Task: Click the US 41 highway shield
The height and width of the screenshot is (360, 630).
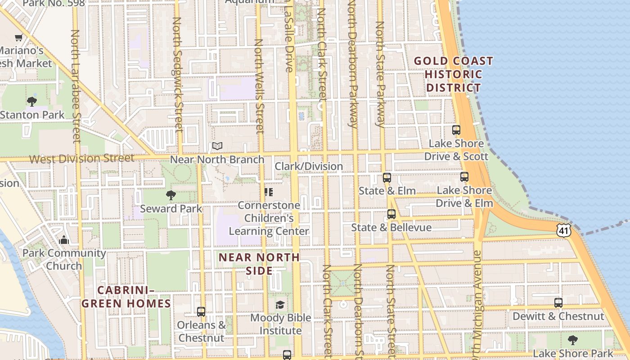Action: (x=564, y=230)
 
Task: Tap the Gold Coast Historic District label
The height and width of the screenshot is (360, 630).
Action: (x=454, y=74)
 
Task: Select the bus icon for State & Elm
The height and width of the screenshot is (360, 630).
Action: (x=387, y=177)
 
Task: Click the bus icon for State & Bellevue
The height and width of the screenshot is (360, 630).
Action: (x=391, y=214)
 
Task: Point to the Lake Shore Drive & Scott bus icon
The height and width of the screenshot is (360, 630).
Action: (x=456, y=130)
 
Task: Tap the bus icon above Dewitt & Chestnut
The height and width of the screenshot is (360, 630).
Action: (x=558, y=303)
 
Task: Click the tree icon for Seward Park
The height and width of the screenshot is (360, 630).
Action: (x=171, y=195)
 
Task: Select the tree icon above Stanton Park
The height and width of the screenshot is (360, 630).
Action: (x=32, y=101)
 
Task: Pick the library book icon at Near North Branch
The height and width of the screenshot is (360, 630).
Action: (x=217, y=146)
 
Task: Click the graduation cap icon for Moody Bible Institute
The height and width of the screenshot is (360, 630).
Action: (x=280, y=305)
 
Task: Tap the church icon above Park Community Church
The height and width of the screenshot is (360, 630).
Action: (x=64, y=239)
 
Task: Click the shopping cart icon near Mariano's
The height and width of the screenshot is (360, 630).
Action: (x=18, y=38)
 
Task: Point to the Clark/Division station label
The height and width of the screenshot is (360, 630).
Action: (x=309, y=166)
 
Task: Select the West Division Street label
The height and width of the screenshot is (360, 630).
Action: (x=81, y=158)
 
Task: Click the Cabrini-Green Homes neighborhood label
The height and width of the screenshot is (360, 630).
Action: (x=126, y=297)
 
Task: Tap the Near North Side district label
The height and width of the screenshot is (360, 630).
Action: (x=259, y=264)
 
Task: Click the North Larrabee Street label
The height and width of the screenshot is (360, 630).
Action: (x=76, y=85)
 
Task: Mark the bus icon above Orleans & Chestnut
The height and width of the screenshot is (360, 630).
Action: (x=201, y=311)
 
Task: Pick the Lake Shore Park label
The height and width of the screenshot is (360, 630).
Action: (x=573, y=353)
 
